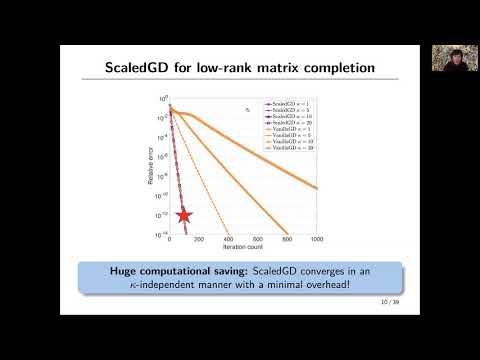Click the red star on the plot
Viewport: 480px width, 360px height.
pos(184,215)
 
